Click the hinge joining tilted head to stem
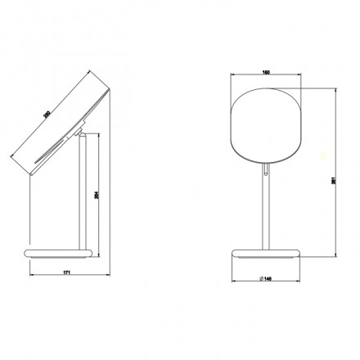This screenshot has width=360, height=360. coord(81,132)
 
